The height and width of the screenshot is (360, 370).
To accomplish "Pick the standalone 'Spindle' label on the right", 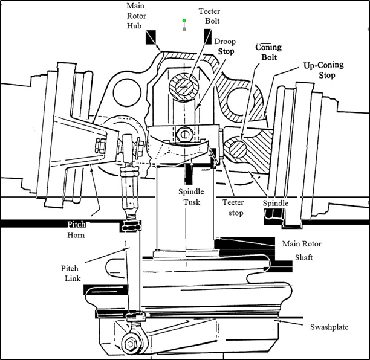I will pyautogui.click(x=276, y=204).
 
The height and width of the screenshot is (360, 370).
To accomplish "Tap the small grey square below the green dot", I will pyautogui.click(x=185, y=29).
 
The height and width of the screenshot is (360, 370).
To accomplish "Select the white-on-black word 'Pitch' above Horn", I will pyautogui.click(x=77, y=223).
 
